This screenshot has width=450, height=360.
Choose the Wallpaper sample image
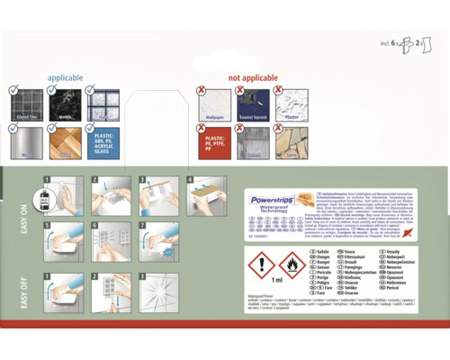(x=215, y=104)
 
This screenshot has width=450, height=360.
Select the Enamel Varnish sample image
(x=254, y=104)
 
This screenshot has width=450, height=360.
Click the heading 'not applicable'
(x=255, y=78)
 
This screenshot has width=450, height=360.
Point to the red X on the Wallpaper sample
(x=202, y=91)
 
